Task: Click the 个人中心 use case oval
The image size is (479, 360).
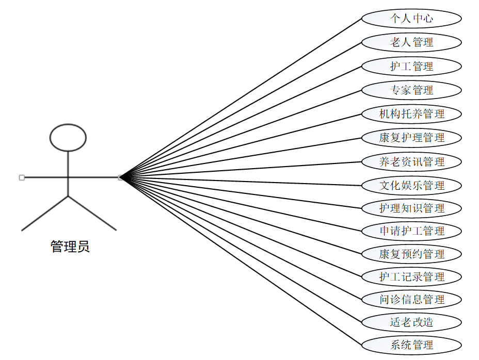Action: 411,19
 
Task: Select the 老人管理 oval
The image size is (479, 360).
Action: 411,42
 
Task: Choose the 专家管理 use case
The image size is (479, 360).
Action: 411,90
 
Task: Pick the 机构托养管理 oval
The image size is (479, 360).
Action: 411,114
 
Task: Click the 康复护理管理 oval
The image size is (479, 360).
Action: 411,138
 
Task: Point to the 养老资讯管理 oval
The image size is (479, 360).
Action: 411,161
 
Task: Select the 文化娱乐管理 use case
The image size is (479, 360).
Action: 411,185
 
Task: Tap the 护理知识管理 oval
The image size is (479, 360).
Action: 411,208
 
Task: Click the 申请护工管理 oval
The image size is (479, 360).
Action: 411,231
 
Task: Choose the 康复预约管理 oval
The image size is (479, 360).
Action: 411,254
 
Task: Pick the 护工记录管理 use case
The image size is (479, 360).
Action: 411,276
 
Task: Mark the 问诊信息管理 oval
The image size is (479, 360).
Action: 411,299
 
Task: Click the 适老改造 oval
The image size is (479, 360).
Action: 411,322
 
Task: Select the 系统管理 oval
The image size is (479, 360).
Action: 411,345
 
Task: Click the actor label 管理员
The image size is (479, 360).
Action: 70,247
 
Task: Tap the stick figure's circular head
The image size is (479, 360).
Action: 68,137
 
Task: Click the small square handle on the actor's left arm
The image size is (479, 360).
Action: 22,177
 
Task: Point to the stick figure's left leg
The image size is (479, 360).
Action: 44,213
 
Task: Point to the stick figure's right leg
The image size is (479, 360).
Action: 92,213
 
